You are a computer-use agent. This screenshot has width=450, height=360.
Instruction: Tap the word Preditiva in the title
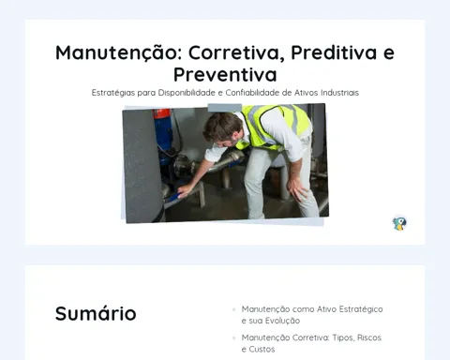coord(334,52)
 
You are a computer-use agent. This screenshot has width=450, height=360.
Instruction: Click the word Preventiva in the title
coord(225,75)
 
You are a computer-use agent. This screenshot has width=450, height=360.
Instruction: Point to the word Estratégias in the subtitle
coord(113,93)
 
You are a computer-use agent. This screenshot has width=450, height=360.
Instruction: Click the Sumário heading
coord(96,313)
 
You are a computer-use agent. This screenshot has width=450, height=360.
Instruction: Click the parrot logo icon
coord(399,223)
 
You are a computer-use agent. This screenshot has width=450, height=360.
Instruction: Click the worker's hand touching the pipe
coord(186,190)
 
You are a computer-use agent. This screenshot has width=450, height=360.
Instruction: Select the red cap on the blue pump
coord(161,113)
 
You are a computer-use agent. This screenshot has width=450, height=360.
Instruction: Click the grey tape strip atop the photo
coord(225,108)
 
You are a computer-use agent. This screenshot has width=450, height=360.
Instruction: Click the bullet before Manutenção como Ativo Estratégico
coord(233,309)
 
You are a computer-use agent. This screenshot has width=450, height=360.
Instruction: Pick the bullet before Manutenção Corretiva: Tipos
coord(233,337)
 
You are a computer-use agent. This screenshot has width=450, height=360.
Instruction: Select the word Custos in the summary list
coord(262,349)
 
